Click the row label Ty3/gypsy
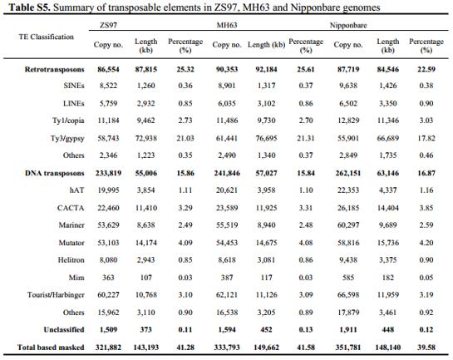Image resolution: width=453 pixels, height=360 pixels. pos(67,138)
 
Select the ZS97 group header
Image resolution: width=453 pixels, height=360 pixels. pos(108,25)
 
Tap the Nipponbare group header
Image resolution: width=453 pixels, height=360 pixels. pos(348,25)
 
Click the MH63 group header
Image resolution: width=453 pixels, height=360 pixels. pos(227,25)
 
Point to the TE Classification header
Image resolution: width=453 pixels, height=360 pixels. pos(47,37)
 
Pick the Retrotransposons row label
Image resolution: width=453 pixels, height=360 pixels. pos(54,69)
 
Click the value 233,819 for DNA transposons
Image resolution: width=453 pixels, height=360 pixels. pos(108,173)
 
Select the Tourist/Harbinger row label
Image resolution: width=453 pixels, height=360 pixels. pos(56,294)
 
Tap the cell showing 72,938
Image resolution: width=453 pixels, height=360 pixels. pos(146,138)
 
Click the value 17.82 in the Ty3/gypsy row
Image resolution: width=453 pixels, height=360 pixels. pos(426,138)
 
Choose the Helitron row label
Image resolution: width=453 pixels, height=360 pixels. pos(71,259)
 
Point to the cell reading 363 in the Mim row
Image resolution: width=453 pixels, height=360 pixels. pos(108,278)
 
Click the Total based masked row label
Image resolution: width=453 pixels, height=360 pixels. pos(51,347)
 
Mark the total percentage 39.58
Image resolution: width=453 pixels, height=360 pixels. pos(426,347)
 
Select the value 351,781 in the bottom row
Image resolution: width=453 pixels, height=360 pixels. pos(348,347)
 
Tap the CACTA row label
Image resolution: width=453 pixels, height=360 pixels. pos(71,208)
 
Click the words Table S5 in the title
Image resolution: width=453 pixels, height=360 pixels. pos(30,7)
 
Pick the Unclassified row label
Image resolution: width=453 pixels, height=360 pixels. pos(64,329)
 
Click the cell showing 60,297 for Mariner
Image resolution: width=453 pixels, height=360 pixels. pos(348,224)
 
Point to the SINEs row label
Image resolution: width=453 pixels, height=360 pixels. pos(74,86)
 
